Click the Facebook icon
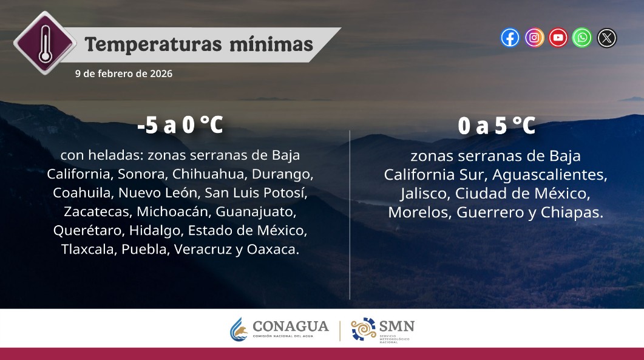pos(510,38)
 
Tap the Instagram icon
pos(534,38)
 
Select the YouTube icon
pos(558,38)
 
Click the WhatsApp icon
pos(583,38)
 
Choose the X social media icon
pos(607,38)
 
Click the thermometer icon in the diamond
pos(45,43)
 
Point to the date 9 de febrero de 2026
pos(124,73)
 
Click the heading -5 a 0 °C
pos(180,125)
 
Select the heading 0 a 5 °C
pos(496,126)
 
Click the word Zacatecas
pos(97,212)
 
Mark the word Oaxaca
pos(272,250)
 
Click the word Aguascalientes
pos(549,175)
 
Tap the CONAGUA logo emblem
pos(238,330)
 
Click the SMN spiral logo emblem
pos(363,329)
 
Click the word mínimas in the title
pos(271,44)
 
